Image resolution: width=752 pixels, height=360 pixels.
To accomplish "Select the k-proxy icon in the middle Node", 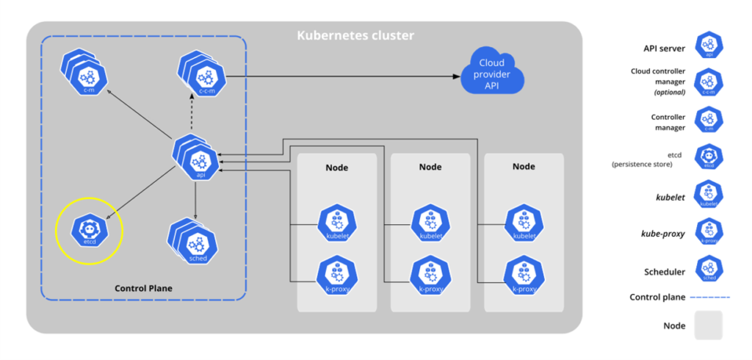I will (x=429, y=275).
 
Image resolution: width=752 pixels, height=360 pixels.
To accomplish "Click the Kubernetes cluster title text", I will (x=355, y=35).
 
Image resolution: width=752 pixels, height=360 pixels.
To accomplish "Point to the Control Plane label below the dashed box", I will (x=144, y=288).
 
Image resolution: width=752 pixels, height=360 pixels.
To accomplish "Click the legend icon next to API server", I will (x=709, y=46).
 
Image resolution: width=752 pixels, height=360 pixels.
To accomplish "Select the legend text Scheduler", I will (x=665, y=271).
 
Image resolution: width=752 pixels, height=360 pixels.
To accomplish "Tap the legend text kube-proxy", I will (x=664, y=234).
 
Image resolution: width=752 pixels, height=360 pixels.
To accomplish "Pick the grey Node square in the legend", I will (x=709, y=325).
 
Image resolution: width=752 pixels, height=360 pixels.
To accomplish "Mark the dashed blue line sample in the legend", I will (x=708, y=298).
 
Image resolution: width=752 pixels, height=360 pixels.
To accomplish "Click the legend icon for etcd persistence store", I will (x=709, y=157).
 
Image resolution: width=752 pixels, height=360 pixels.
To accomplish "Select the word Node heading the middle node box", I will (x=430, y=167).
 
